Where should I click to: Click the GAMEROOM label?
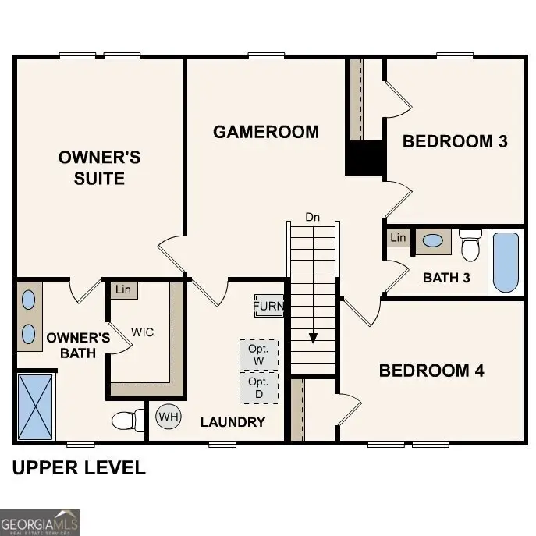[x=266, y=132]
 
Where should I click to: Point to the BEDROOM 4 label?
[x=431, y=371]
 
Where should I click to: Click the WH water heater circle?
[x=169, y=417]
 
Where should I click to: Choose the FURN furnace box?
[x=268, y=306]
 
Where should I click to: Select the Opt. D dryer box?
[x=258, y=388]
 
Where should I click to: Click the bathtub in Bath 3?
[x=506, y=262]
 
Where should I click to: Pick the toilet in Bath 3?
[x=470, y=245]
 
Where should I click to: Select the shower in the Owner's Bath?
[x=36, y=406]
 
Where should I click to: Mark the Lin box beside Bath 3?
[x=399, y=237]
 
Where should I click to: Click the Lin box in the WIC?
[x=123, y=290]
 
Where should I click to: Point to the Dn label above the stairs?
[x=313, y=215]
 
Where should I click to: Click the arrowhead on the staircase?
[x=313, y=338]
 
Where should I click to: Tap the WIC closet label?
[x=142, y=332]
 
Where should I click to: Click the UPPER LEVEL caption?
[x=79, y=468]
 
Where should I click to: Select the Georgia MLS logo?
[x=40, y=522]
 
